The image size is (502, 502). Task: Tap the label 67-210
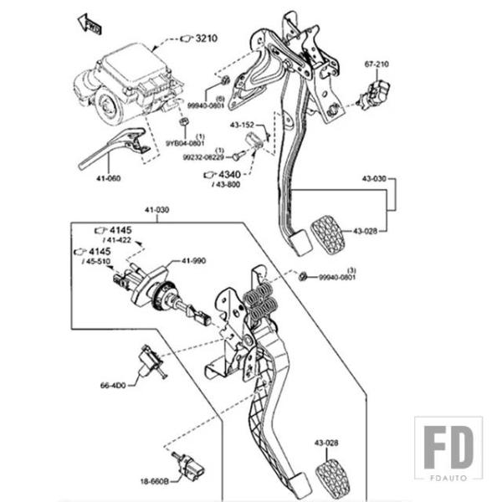click(376, 64)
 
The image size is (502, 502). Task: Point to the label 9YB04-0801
click(183, 143)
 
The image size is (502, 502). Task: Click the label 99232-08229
click(205, 156)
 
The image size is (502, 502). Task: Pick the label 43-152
click(243, 125)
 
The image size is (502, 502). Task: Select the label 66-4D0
click(113, 386)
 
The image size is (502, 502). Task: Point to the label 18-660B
click(155, 482)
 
